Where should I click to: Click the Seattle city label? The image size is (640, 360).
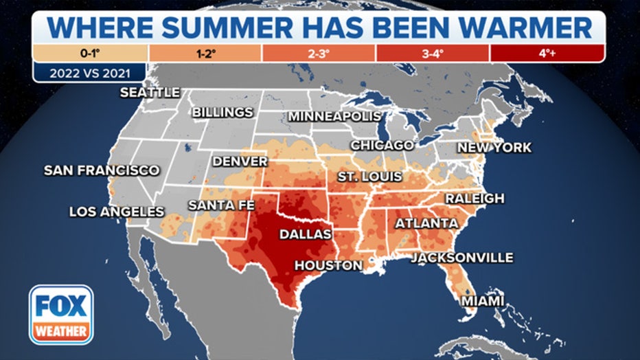[x=150, y=92]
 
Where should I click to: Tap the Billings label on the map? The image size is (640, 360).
[x=222, y=112]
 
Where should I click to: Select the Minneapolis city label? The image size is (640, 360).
[x=334, y=116]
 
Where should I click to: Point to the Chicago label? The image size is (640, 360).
[x=382, y=145]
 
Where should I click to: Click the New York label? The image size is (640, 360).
[x=494, y=147]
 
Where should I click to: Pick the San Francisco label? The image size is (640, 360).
[x=102, y=170]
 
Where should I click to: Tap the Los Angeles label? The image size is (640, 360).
[x=117, y=212]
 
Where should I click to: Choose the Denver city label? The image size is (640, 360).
[x=240, y=161]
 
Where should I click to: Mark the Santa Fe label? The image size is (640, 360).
[x=221, y=205]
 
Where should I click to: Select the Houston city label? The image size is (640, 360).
[x=328, y=265]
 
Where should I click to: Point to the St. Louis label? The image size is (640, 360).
[x=369, y=177]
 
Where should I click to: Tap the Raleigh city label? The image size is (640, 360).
[x=475, y=199]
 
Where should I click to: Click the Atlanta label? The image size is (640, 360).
[x=426, y=223]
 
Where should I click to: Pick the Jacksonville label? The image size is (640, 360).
[x=462, y=258]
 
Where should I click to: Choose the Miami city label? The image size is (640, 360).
[x=482, y=302]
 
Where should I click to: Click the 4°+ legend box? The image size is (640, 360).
[x=547, y=53]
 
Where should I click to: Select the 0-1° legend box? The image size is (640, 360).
[x=89, y=53]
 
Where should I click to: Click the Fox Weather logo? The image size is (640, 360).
[x=60, y=314]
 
